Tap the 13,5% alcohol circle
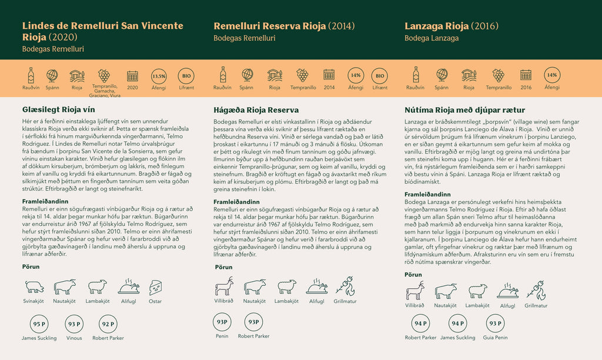[x=159, y=76]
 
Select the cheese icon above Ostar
[x=156, y=286]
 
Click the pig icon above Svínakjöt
[x=34, y=286]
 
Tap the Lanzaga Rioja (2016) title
[x=451, y=26]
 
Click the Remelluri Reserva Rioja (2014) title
[x=284, y=26]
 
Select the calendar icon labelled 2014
[x=329, y=75]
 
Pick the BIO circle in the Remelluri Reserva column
[x=379, y=76]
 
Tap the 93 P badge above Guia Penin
[x=495, y=323]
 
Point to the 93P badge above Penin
[x=222, y=322]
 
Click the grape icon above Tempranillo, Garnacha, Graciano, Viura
[x=103, y=75]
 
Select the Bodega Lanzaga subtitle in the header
[x=432, y=38]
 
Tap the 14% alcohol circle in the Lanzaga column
[x=551, y=75]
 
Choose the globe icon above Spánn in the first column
[x=52, y=75]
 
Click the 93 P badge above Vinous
[x=74, y=324]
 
